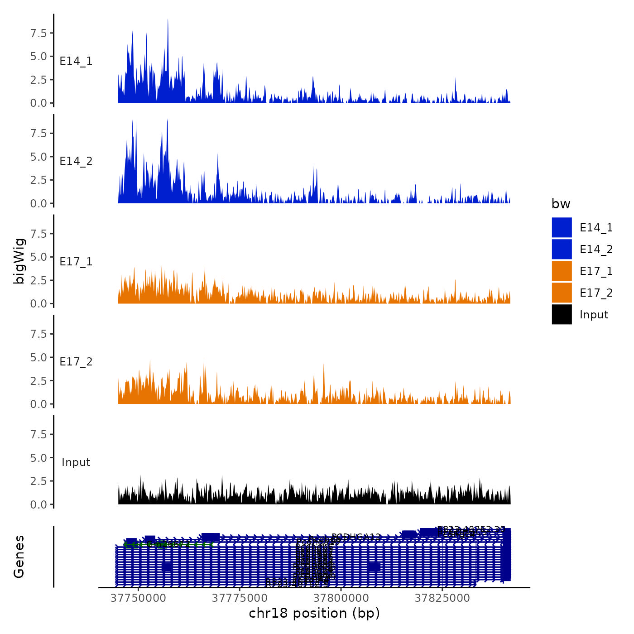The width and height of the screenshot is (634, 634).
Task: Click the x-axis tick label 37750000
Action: click(139, 598)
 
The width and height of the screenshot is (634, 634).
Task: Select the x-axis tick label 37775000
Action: click(240, 598)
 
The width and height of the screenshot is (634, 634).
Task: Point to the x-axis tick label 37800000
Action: click(341, 598)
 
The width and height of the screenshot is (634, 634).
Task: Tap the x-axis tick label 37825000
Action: click(442, 598)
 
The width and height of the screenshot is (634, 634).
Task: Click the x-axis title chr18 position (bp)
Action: click(314, 613)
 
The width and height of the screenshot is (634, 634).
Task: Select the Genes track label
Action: click(19, 557)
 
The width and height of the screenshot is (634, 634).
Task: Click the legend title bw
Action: click(561, 204)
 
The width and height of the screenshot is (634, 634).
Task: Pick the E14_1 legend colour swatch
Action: click(562, 227)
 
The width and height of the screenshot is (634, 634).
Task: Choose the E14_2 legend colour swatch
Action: click(562, 249)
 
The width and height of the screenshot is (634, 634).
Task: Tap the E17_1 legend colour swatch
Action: click(562, 271)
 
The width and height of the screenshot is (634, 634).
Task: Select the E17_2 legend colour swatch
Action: click(562, 293)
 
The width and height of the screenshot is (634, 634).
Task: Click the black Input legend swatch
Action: click(562, 314)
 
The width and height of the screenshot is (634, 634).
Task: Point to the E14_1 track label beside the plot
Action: click(76, 61)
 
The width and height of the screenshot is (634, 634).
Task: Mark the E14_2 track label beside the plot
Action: click(76, 161)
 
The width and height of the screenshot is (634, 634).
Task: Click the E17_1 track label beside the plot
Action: click(76, 262)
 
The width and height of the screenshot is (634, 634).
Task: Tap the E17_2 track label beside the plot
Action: click(76, 362)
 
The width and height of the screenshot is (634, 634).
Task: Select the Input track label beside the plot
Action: click(76, 462)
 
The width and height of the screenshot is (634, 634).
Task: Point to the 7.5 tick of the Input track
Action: click(38, 435)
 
